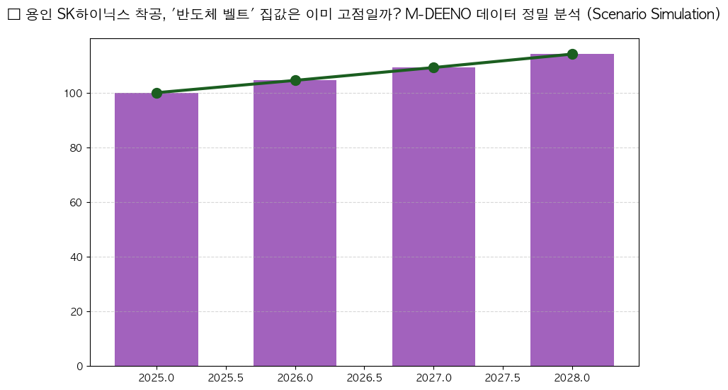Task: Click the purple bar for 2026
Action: pos(295,223)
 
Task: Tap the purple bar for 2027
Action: pos(433,216)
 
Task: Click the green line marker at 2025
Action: pos(157,93)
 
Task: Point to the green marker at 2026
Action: pos(295,80)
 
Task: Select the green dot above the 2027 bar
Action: pos(433,67)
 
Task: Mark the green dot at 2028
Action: pos(572,54)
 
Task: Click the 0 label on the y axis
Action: pos(80,367)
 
